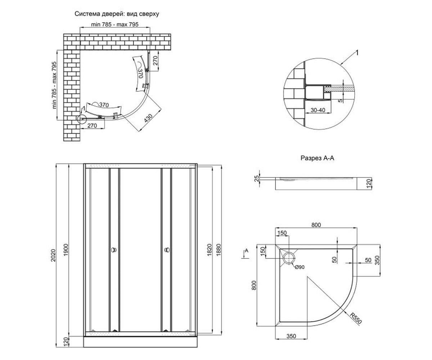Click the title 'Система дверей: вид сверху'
point(117,14)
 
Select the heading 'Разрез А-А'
point(317,158)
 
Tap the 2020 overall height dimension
point(53,255)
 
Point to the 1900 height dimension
point(66,250)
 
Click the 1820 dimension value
point(210,250)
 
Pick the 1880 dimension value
point(219,250)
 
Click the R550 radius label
point(356,318)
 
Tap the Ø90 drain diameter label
point(300,267)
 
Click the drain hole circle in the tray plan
point(289,258)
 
